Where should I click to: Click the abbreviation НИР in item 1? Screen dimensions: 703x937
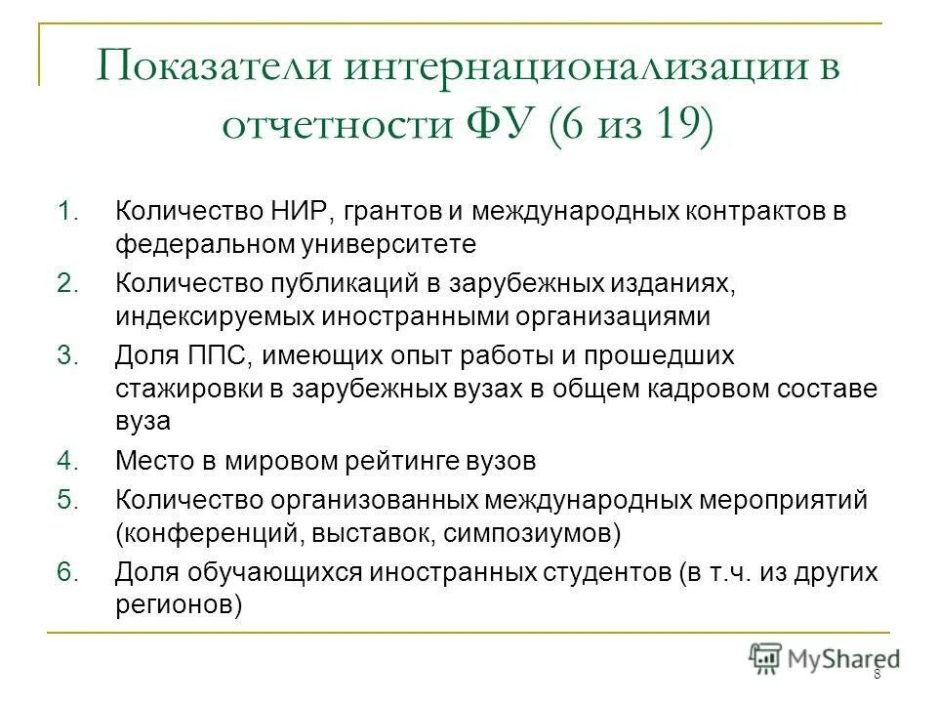(x=306, y=212)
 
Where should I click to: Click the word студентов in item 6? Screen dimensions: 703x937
(x=595, y=572)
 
